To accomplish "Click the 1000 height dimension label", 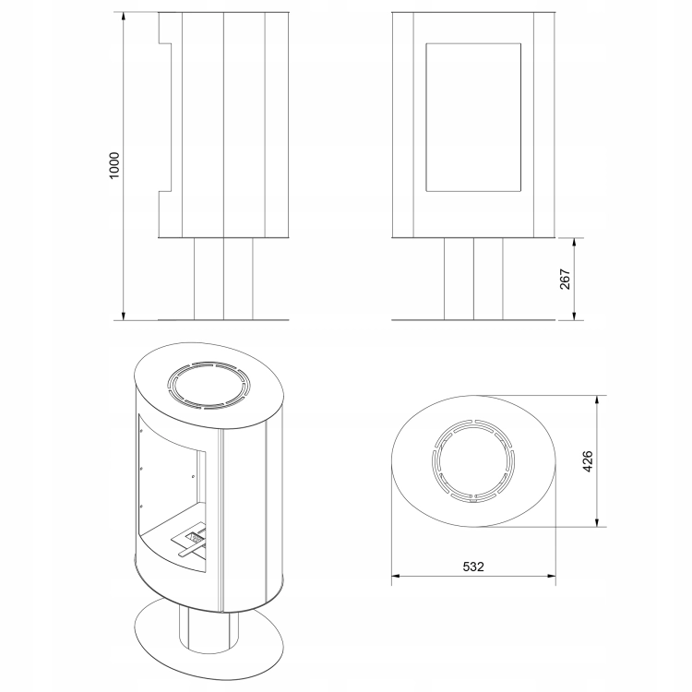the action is pos(114,165).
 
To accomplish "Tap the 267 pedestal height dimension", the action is pos(565,279).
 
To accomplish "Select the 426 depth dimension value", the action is pos(588,461).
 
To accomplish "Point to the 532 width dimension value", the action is pos(473,567).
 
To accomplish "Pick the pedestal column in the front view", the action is pos(473,279).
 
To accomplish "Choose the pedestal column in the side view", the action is pos(223,279).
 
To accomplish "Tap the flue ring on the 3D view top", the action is pos(209,364).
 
